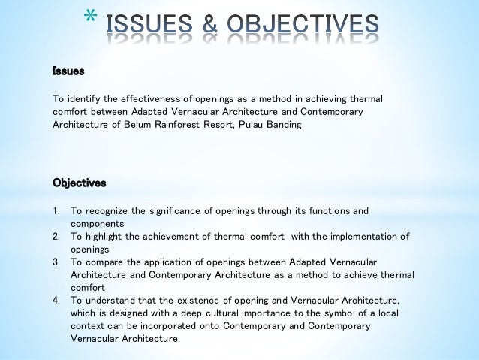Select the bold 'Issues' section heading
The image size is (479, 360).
tap(68, 72)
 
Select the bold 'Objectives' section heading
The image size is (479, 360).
tap(79, 183)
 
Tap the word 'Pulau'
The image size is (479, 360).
tap(252, 125)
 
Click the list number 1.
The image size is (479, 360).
tap(56, 210)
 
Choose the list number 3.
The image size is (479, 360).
tap(56, 262)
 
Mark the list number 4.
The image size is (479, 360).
tap(56, 300)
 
